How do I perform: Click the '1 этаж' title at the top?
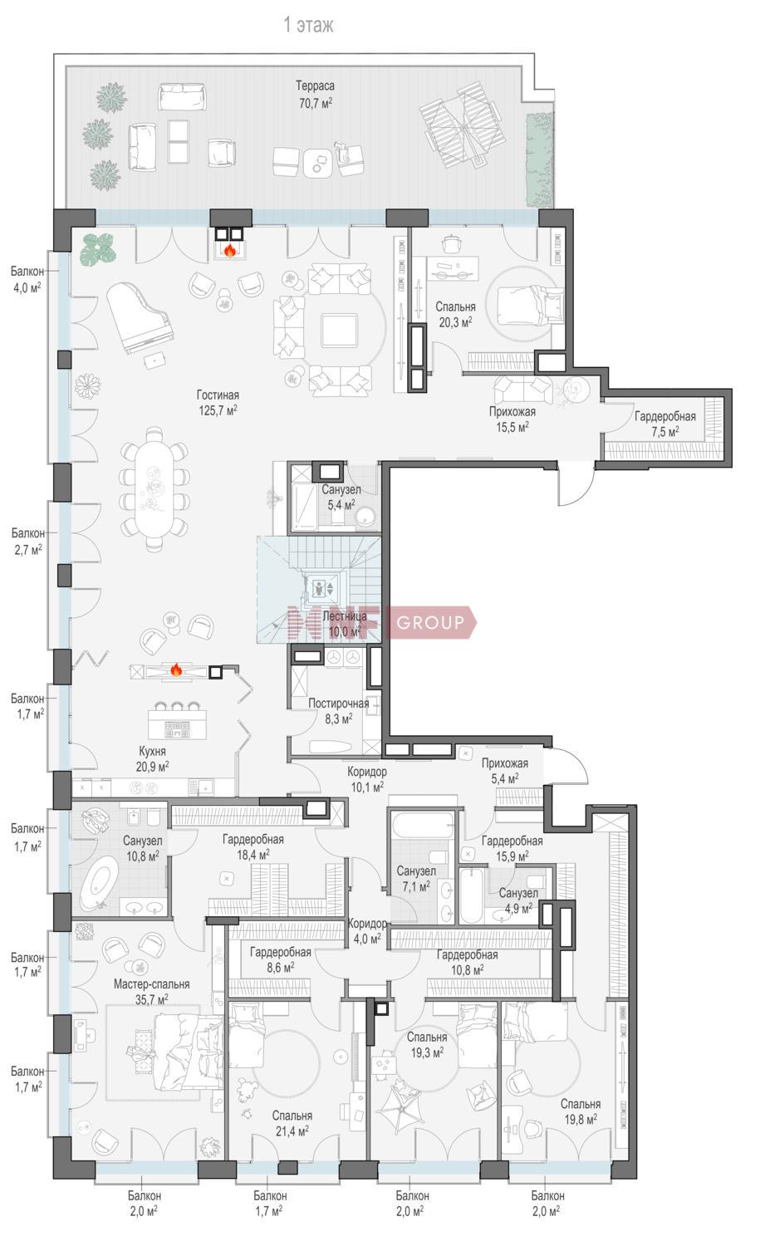click(x=308, y=25)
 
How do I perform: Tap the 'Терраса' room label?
click(x=315, y=86)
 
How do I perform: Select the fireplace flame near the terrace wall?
click(x=229, y=250)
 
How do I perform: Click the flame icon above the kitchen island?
click(x=176, y=670)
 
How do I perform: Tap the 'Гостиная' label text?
click(x=218, y=395)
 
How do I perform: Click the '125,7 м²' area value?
click(x=218, y=410)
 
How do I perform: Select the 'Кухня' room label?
click(x=152, y=751)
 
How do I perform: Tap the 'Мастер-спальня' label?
click(x=151, y=984)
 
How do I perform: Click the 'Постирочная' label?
click(x=338, y=703)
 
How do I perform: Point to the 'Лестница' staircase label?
click(x=345, y=616)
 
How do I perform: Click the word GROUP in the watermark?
click(x=430, y=622)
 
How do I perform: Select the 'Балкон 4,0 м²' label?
click(x=27, y=279)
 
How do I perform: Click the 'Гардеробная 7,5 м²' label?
click(x=664, y=424)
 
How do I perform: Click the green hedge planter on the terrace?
click(x=540, y=160)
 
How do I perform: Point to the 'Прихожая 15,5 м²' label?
click(x=512, y=419)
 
